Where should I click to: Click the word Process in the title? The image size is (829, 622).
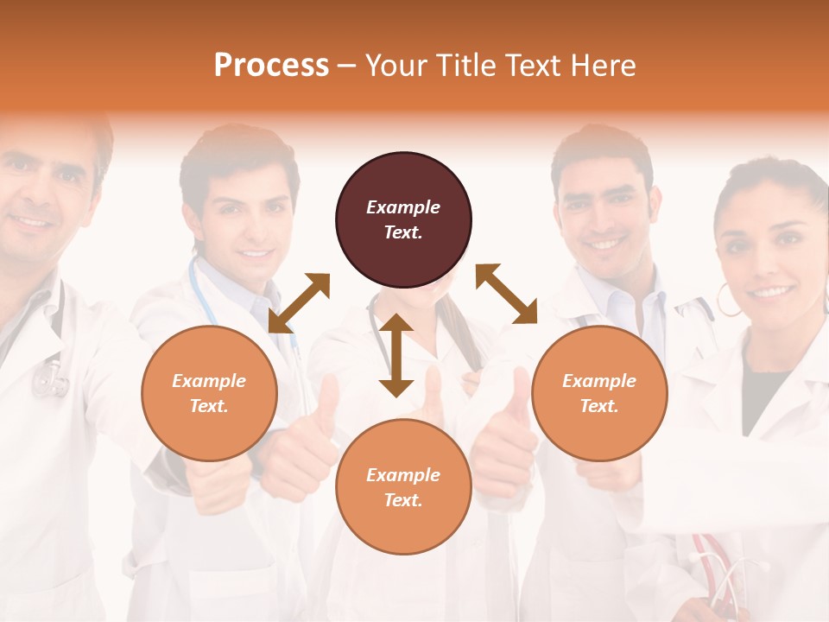pos(271,65)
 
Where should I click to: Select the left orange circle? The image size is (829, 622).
pos(209,393)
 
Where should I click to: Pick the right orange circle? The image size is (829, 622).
pos(599,393)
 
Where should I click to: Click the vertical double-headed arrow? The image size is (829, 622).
pos(396,355)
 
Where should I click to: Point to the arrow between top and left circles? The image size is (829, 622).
pos(299,303)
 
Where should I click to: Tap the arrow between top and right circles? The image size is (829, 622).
pos(506,294)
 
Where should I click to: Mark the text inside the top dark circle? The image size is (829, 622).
pos(403,219)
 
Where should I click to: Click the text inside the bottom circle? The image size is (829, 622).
pos(403,487)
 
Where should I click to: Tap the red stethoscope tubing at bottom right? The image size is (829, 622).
pos(717,570)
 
